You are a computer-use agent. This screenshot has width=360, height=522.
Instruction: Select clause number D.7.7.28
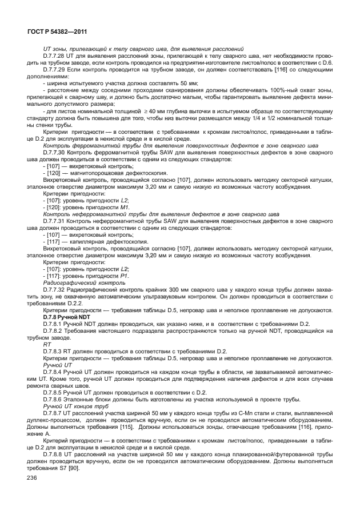click(56, 56)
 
